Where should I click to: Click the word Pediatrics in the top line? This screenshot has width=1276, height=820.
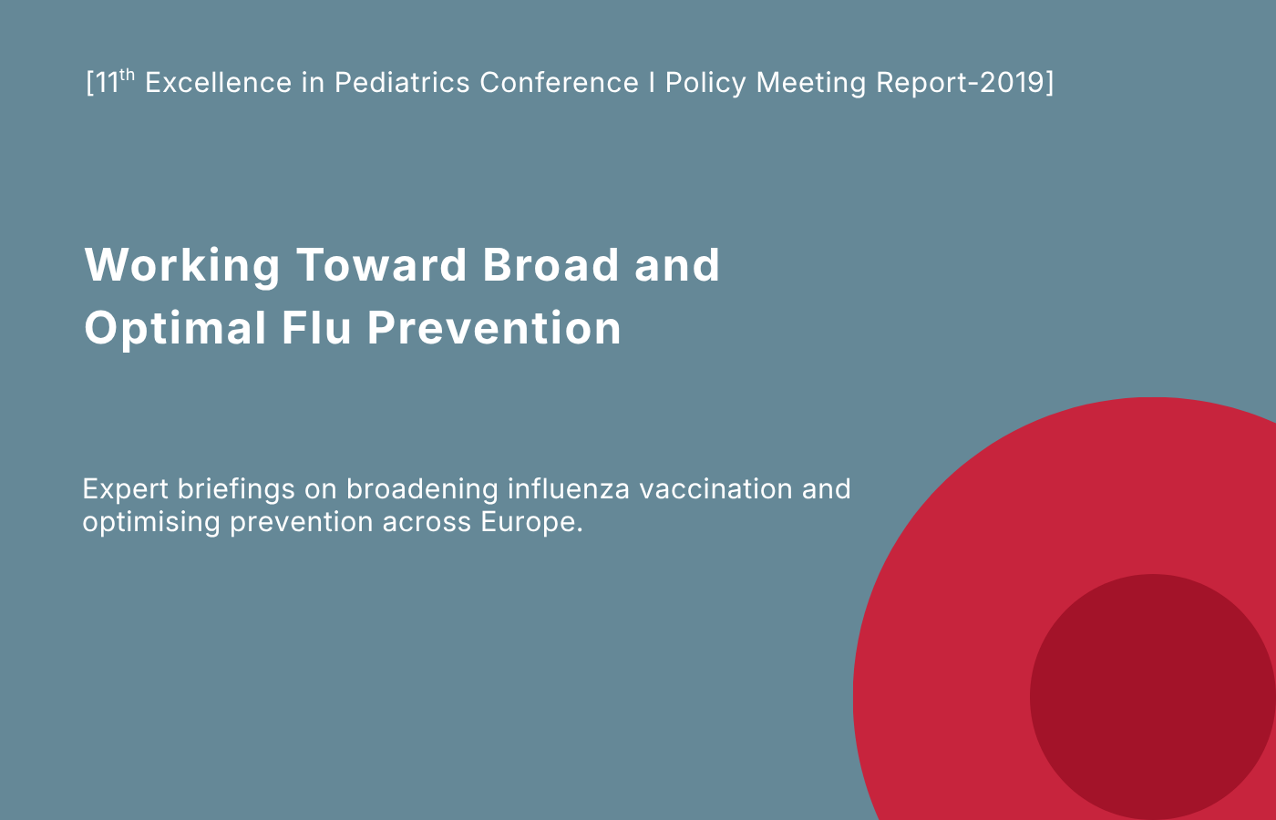[402, 83]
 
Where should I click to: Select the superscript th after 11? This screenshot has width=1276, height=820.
[127, 75]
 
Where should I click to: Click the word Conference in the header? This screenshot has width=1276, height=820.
[559, 83]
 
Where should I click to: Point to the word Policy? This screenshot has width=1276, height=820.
[705, 84]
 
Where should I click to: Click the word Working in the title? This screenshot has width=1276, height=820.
[182, 266]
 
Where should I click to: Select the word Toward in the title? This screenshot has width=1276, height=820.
[382, 265]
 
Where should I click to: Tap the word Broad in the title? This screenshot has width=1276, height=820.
[551, 265]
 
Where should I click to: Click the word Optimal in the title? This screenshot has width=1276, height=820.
[175, 329]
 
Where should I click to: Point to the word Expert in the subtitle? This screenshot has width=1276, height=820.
[126, 490]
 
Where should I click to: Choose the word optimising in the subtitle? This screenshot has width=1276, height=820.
[151, 523]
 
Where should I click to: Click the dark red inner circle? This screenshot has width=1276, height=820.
[1152, 696]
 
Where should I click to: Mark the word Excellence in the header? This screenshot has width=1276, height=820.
[219, 83]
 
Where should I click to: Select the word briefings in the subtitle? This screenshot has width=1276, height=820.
[236, 490]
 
